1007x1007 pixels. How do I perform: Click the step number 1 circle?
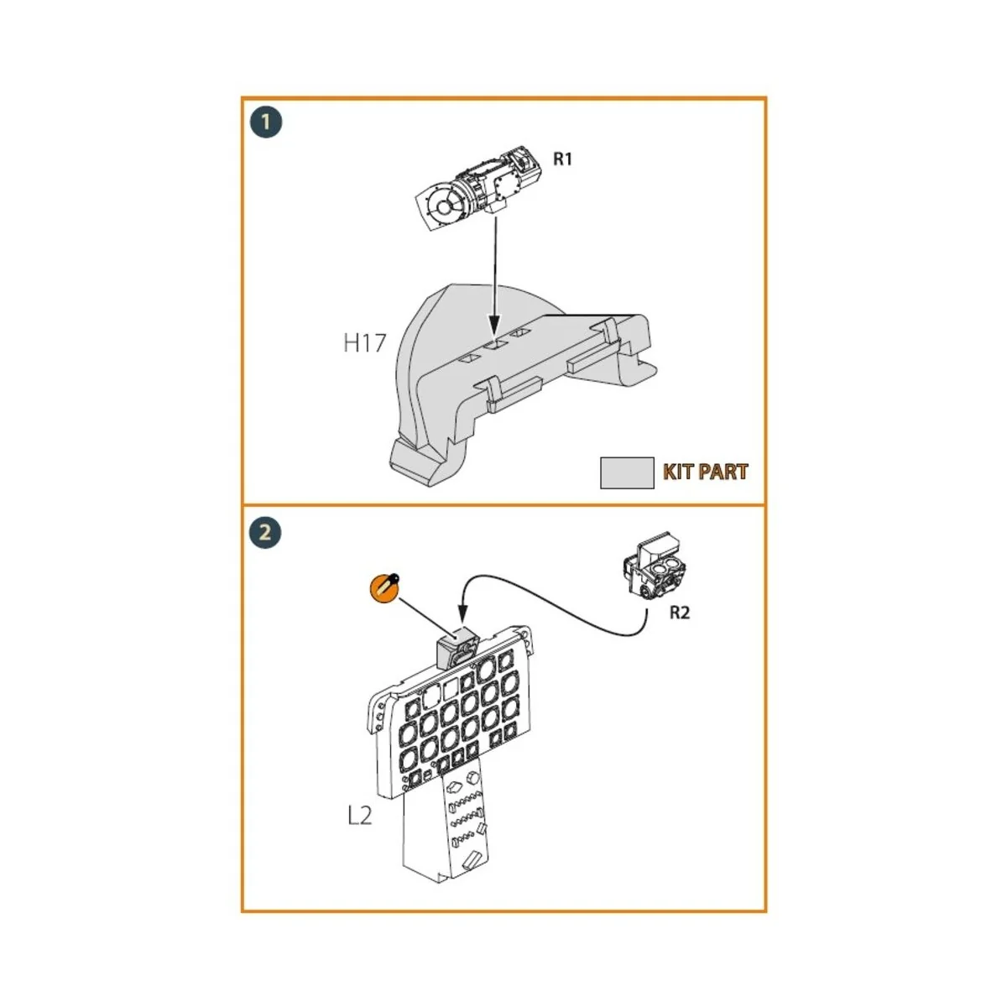[x=266, y=123]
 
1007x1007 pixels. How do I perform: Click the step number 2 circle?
[x=266, y=532]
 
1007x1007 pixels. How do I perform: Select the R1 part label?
[x=562, y=159]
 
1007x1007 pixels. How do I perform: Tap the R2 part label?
[x=679, y=613]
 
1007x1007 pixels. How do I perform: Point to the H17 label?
[x=364, y=342]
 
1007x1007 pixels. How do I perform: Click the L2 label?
[x=359, y=815]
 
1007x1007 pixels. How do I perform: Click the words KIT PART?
[x=705, y=472]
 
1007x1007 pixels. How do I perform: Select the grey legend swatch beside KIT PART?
[x=627, y=472]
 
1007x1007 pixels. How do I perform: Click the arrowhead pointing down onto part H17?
[x=494, y=330]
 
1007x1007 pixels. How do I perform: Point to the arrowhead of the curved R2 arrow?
[x=460, y=618]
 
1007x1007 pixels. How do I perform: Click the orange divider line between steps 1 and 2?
[x=503, y=505]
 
